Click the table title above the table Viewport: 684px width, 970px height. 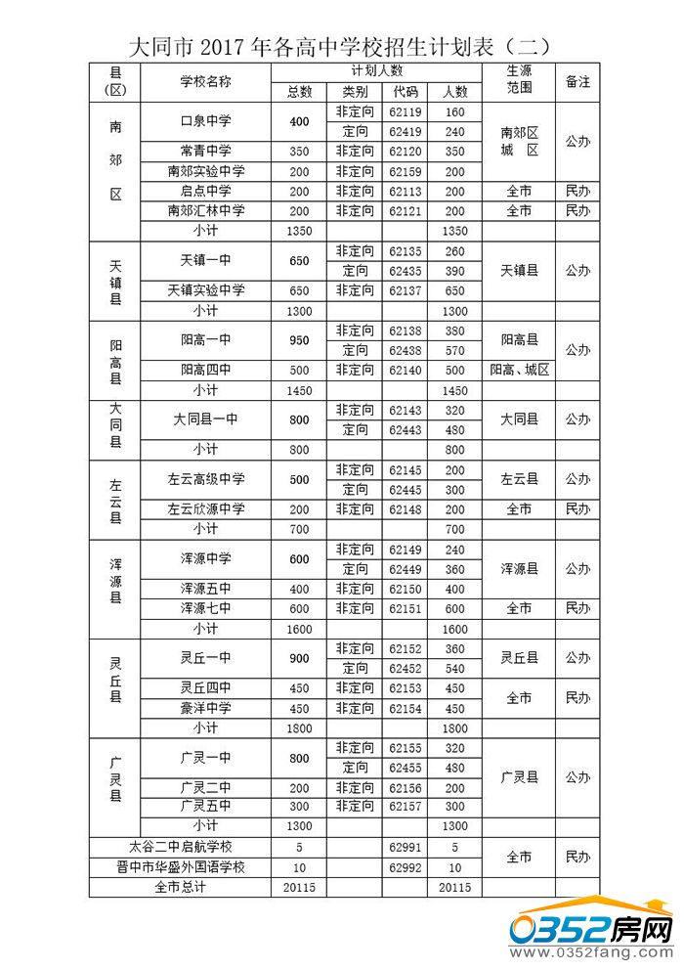(x=341, y=46)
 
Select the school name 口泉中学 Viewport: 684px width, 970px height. (x=205, y=122)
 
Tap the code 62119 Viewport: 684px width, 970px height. (x=406, y=112)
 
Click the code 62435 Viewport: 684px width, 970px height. (x=406, y=271)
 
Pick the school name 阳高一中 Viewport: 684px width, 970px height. (x=205, y=340)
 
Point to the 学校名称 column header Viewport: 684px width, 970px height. (x=205, y=82)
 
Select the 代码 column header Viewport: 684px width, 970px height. (x=406, y=92)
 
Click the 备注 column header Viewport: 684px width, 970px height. (x=577, y=82)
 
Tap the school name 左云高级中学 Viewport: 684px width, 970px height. (x=205, y=479)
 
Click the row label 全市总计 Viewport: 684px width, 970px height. (x=180, y=887)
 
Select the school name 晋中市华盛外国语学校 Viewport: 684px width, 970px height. (x=180, y=867)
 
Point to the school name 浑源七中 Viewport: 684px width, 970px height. (x=205, y=608)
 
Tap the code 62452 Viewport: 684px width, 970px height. (x=406, y=668)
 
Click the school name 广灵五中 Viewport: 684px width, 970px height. (x=205, y=807)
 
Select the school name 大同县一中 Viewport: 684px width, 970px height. (x=205, y=419)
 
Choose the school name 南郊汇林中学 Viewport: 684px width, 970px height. (x=205, y=211)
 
